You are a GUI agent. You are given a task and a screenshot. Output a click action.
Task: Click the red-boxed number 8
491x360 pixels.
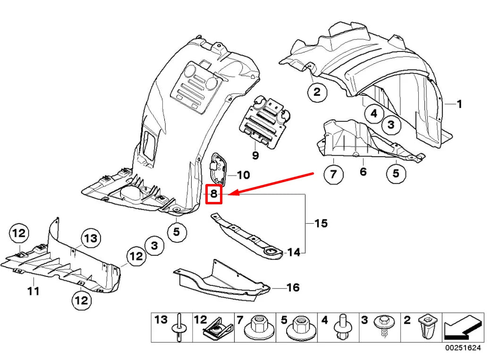pos(214,193)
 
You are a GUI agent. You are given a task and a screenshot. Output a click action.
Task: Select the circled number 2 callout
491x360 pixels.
pos(317,92)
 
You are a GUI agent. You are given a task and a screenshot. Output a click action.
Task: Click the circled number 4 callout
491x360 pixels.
pos(374,113)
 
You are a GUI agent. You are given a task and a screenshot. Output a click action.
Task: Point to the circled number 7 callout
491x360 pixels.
pos(333,175)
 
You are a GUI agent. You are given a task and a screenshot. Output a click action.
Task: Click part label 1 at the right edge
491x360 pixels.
pos(459,104)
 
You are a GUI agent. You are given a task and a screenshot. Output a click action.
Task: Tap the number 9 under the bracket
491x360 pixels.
pos(255,154)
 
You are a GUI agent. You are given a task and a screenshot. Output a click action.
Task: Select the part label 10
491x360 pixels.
pos(243,176)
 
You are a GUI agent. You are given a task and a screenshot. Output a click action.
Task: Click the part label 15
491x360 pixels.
pos(321,223)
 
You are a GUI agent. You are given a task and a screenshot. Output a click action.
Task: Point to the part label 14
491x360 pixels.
pos(293,253)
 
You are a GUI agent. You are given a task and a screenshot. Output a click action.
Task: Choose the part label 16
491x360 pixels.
pos(293,287)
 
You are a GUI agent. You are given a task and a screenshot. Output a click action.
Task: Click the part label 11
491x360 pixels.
pos(33,291)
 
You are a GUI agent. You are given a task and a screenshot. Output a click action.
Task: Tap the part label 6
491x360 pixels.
pos(363,171)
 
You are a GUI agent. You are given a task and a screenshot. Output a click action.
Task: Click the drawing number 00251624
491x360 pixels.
pos(462,348)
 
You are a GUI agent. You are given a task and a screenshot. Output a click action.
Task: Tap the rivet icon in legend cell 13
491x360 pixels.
pos(179,327)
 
